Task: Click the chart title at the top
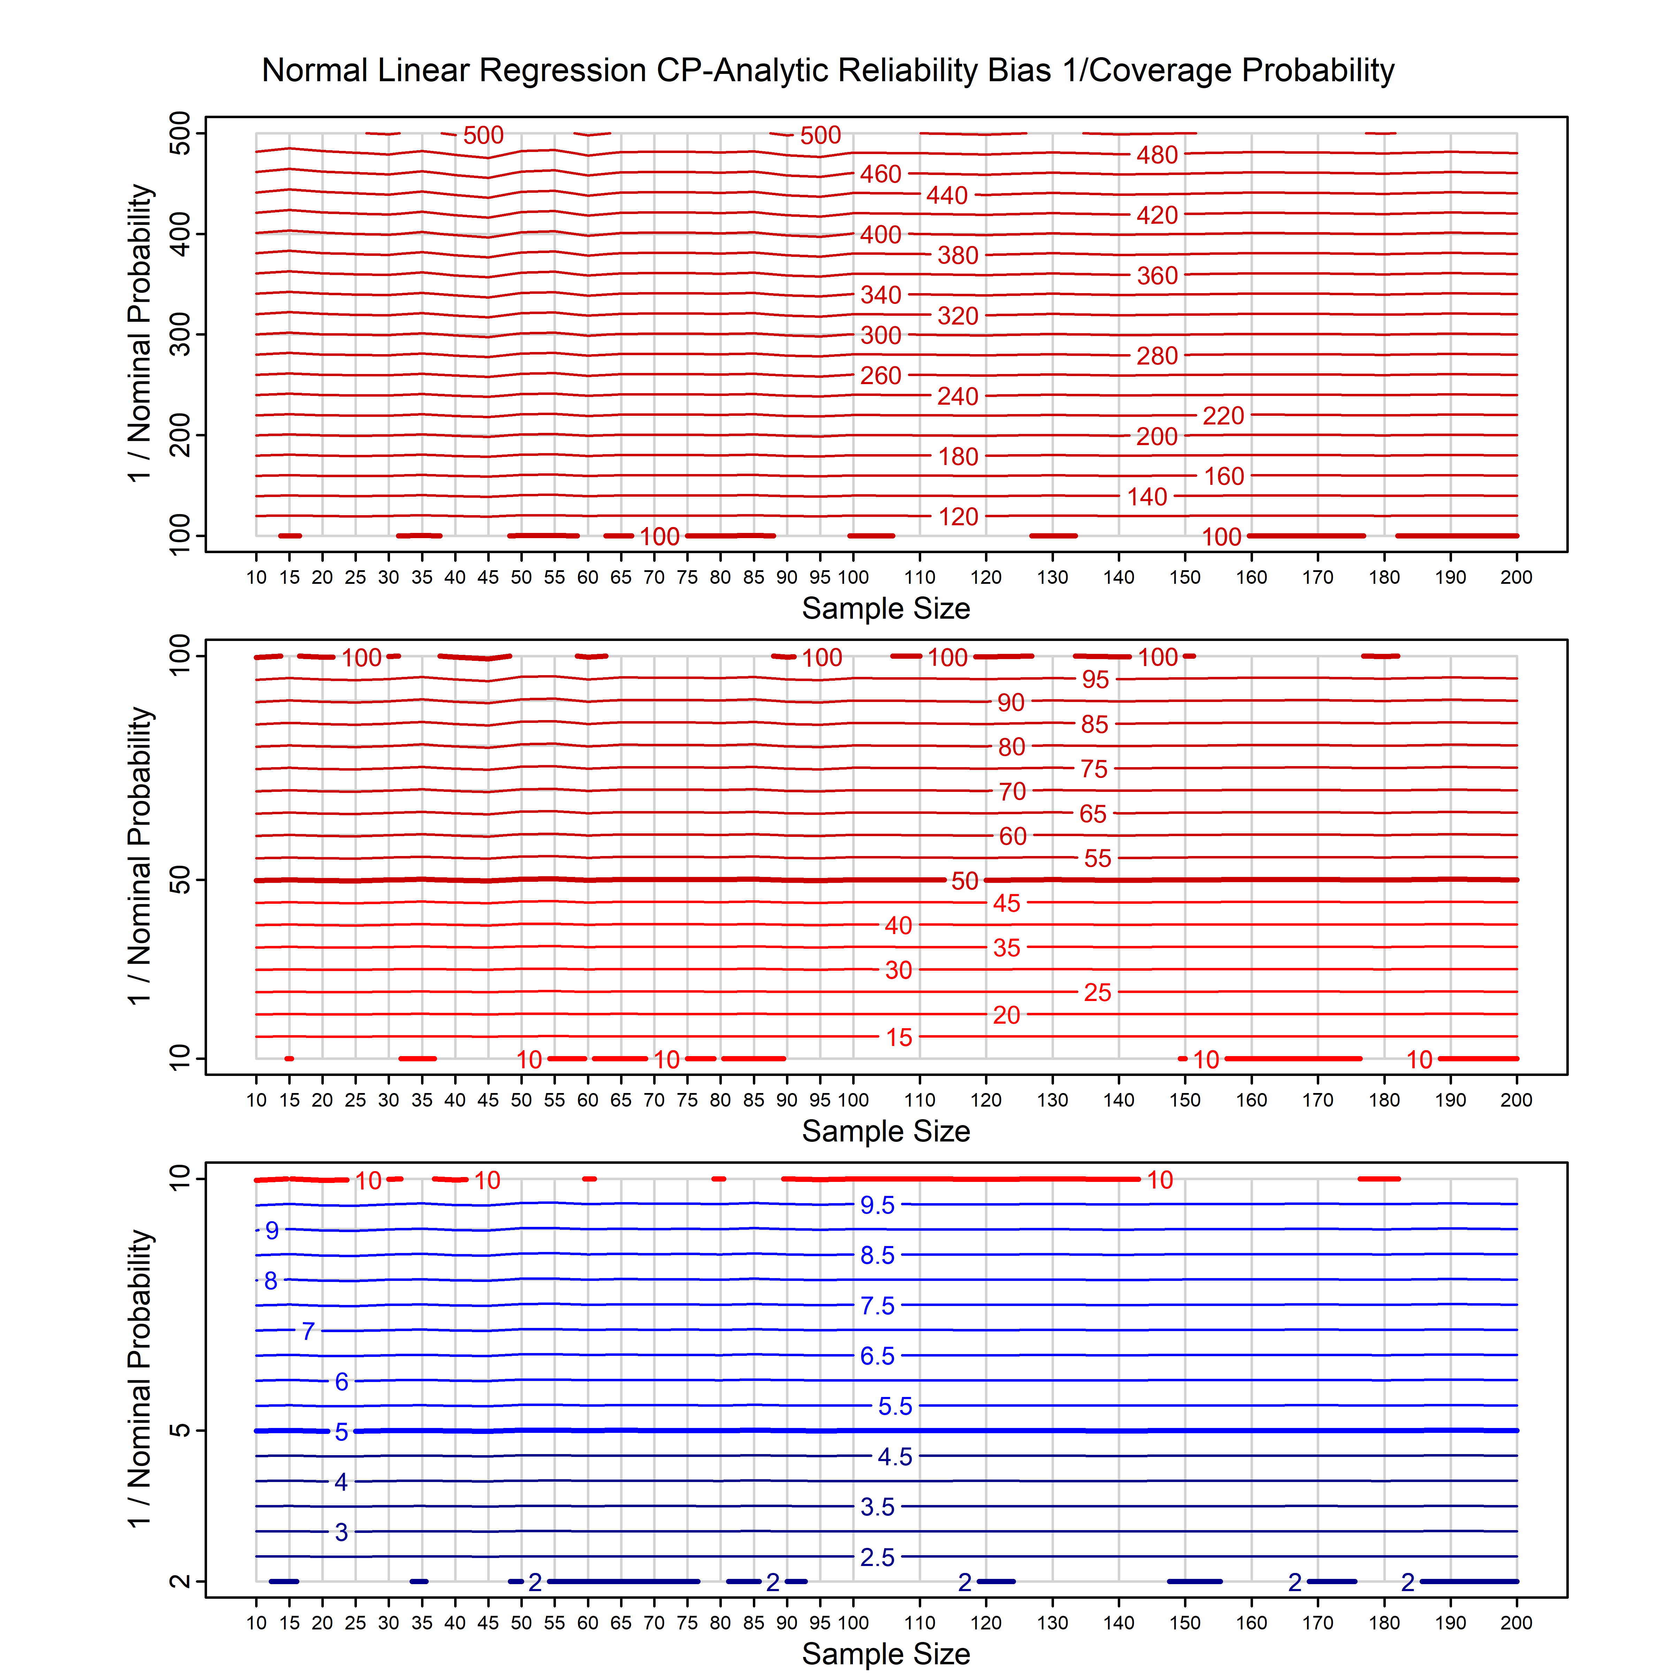point(828,70)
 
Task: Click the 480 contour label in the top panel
point(1157,155)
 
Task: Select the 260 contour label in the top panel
point(881,376)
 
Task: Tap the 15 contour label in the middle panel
point(899,1037)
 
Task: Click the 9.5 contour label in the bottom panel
point(877,1205)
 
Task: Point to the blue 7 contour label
point(307,1331)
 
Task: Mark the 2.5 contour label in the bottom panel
point(877,1558)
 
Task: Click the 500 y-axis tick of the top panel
point(180,133)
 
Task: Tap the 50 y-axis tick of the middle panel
point(180,881)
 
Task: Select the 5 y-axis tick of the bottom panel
point(180,1430)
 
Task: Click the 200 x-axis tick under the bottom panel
point(1516,1623)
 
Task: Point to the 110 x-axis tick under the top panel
point(920,578)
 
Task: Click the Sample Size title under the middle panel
point(886,1131)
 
